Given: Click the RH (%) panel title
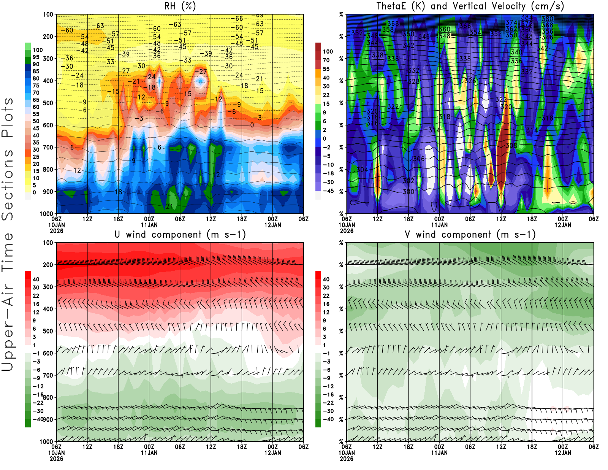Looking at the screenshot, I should tap(180, 6).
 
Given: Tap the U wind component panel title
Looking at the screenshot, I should tap(180, 234).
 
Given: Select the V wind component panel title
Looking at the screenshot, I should tap(470, 234).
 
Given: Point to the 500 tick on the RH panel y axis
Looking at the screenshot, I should tap(48, 103).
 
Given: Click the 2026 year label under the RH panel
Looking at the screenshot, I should tap(56, 231).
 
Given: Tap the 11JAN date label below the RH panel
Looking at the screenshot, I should tap(149, 225).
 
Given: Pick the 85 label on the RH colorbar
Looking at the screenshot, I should tap(36, 71).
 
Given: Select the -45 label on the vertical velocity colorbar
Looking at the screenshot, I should tap(328, 191).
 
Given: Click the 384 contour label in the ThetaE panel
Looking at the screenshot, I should tap(526, 17).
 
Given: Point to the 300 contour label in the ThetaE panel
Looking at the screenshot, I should tap(408, 192).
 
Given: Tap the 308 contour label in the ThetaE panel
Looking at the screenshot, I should tap(511, 146).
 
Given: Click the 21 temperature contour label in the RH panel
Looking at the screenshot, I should tap(169, 206).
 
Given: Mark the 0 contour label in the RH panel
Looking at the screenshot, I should tap(252, 125).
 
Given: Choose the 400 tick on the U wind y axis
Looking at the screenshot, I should tap(48, 309).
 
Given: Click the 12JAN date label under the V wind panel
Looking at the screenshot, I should tap(563, 453).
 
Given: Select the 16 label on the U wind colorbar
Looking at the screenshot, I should tap(36, 304).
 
